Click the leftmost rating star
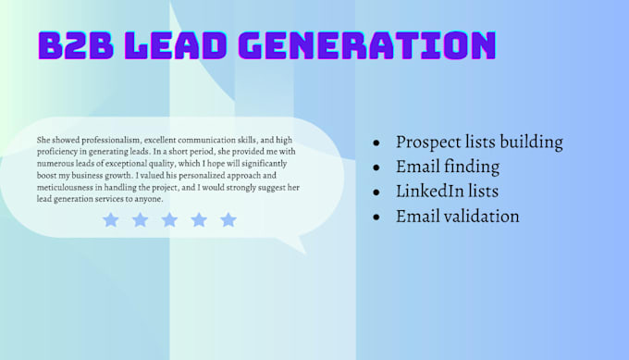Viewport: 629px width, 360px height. click(111, 219)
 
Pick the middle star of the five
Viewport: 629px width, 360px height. click(169, 219)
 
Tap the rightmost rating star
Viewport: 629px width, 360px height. click(228, 219)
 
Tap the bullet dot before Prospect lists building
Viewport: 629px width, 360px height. click(376, 144)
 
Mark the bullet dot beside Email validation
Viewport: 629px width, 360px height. click(376, 217)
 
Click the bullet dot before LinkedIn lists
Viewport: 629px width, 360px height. click(376, 193)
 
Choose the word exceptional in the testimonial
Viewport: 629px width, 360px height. click(143, 163)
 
